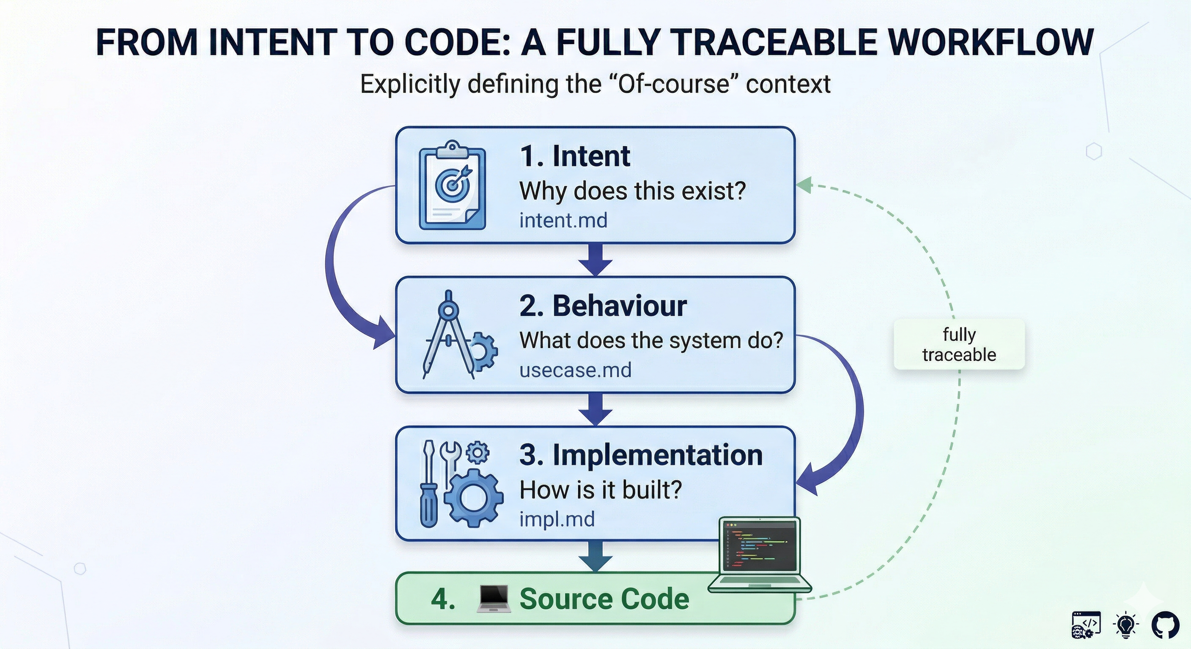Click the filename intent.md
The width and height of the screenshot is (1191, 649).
563,220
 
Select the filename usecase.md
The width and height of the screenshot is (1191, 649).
575,370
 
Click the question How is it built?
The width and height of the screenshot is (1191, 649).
601,490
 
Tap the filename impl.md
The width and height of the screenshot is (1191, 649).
557,519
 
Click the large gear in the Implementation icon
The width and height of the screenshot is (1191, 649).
474,498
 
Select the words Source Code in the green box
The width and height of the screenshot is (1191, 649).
604,599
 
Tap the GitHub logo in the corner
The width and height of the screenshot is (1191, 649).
1165,625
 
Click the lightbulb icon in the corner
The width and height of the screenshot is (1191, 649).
1126,625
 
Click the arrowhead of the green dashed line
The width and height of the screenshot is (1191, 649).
804,185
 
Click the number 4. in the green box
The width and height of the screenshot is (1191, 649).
442,599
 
